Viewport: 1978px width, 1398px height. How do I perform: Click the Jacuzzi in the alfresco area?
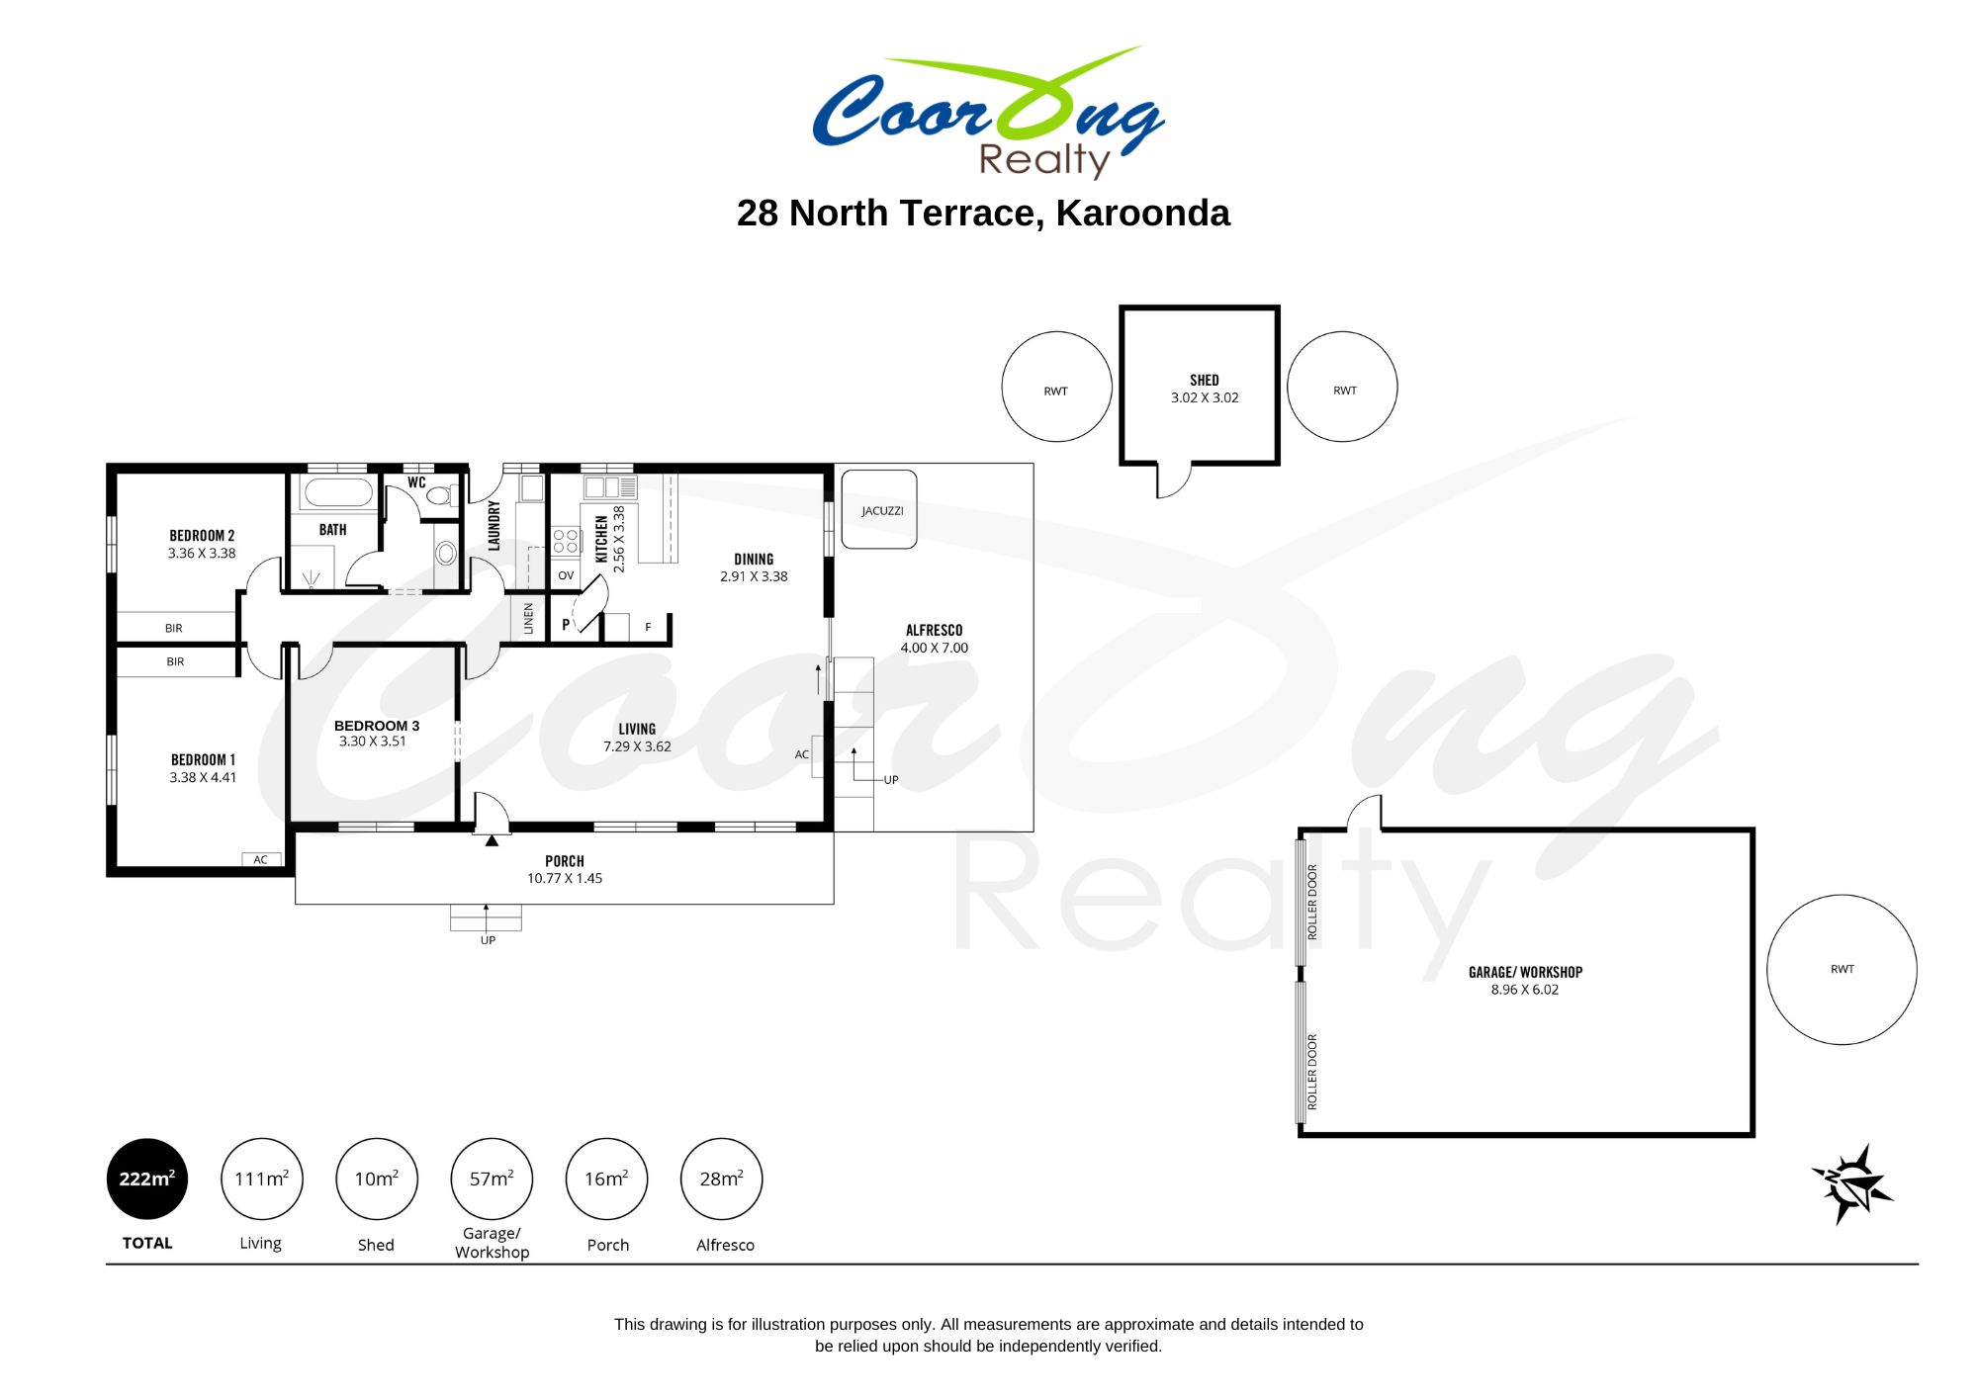(x=879, y=510)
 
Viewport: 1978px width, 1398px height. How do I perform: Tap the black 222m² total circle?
(x=147, y=1179)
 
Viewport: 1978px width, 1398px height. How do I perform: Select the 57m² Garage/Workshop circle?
(x=492, y=1179)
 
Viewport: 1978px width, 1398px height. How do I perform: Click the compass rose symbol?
(x=1852, y=1183)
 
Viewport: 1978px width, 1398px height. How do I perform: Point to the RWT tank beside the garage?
(x=1842, y=969)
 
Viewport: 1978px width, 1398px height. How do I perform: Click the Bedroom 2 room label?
(x=202, y=536)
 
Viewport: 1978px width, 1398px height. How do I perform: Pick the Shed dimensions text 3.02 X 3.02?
(x=1205, y=397)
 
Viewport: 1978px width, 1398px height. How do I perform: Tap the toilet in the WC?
(x=442, y=493)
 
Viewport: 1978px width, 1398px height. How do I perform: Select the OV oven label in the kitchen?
(x=566, y=575)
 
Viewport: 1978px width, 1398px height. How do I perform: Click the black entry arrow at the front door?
(x=492, y=840)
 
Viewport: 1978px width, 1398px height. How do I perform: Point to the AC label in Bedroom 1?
(x=260, y=859)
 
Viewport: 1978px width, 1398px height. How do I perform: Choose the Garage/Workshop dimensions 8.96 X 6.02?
(x=1524, y=990)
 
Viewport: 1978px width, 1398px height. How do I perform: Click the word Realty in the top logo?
(x=1044, y=160)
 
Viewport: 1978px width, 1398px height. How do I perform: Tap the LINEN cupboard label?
(x=528, y=618)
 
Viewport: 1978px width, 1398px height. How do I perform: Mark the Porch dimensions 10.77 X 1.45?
(x=565, y=878)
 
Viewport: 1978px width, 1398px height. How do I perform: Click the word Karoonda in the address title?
(x=1142, y=213)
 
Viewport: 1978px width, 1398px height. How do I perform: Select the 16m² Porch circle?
(x=606, y=1179)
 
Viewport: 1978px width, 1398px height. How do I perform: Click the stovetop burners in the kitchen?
(x=566, y=540)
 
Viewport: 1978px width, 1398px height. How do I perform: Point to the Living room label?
(x=637, y=729)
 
